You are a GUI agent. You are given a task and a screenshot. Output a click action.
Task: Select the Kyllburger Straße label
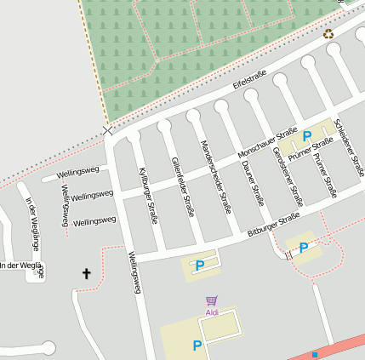[x=148, y=196]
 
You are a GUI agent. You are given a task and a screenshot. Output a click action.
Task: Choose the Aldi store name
[x=212, y=312]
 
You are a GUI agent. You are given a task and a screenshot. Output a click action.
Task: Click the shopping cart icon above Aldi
[x=212, y=300]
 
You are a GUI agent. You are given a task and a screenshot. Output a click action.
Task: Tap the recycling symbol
[x=328, y=34]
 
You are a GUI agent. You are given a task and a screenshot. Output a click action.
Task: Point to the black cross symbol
[x=85, y=273]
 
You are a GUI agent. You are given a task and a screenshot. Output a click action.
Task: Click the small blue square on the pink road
[x=315, y=354]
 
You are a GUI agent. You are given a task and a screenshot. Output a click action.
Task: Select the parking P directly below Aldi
[x=197, y=346]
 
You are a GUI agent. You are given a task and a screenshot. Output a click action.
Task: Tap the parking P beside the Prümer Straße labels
[x=306, y=136]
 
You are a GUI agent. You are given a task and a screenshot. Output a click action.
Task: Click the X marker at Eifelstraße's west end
[x=107, y=130]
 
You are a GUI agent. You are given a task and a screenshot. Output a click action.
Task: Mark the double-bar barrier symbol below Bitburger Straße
[x=288, y=253]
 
